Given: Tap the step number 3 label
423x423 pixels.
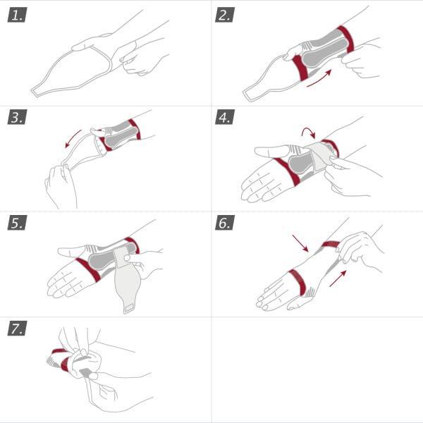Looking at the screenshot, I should [x=17, y=118].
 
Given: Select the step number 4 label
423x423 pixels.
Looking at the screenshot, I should [x=225, y=118].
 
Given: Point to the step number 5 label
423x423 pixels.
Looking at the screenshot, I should [x=17, y=223].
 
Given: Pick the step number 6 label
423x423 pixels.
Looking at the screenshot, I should [x=225, y=223].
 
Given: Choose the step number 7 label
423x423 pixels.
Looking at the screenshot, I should [x=17, y=329].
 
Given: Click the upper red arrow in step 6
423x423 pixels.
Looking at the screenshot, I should [x=299, y=244].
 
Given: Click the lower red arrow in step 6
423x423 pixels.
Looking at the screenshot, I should [x=339, y=275].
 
